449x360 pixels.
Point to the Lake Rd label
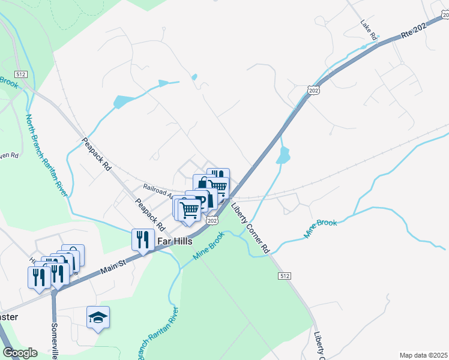tap(369, 31)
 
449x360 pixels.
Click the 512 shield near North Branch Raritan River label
tap(22, 74)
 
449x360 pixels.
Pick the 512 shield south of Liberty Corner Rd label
tap(285, 275)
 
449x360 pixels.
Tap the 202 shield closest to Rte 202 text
tap(313, 89)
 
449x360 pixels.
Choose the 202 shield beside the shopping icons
tap(212, 221)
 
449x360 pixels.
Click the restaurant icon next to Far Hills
tap(143, 239)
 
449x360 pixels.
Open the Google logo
tap(20, 353)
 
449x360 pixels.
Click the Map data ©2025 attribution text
tap(423, 355)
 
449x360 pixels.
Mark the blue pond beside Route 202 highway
tap(283, 155)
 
